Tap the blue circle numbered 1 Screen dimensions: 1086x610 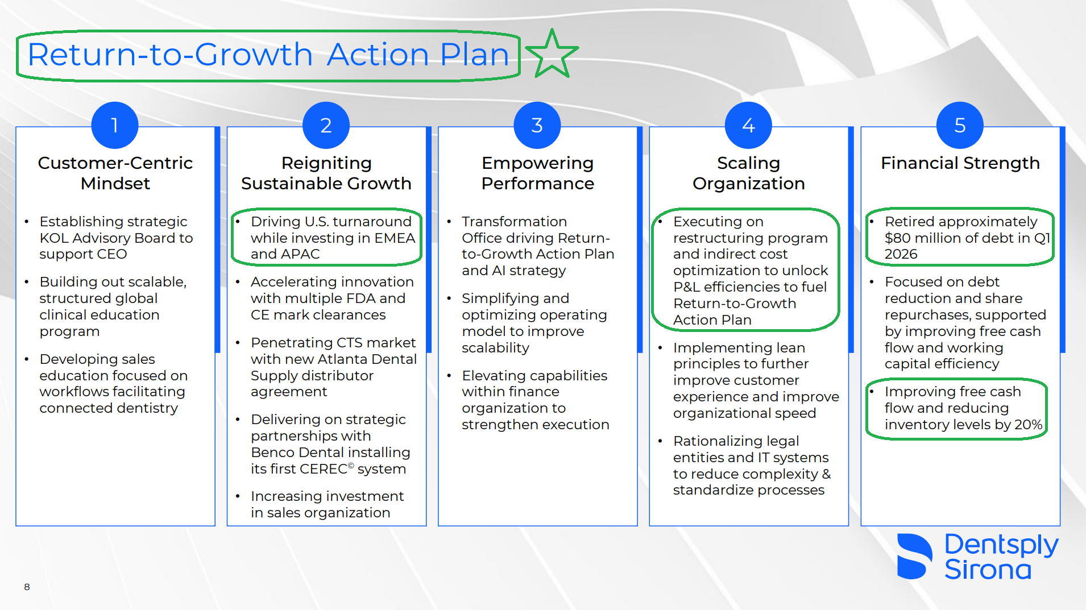point(115,125)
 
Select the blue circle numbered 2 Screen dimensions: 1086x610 point(326,125)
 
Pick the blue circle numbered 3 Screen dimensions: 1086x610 point(537,125)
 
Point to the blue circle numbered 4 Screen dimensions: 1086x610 point(749,125)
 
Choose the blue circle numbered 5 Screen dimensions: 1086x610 point(960,125)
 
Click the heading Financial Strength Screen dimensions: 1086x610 point(960,163)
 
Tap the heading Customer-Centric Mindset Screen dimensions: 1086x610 point(115,173)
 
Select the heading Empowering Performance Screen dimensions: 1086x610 point(538,173)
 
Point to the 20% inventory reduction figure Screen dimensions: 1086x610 point(1029,425)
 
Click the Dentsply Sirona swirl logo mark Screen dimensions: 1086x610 point(914,557)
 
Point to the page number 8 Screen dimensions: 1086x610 point(27,587)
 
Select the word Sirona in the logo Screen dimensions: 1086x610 point(988,570)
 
